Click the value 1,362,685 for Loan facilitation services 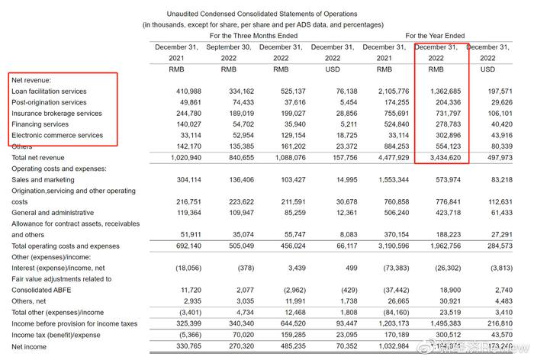point(443,92)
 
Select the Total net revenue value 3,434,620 point(443,158)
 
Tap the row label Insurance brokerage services point(56,114)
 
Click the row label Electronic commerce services point(57,136)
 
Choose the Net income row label point(29,346)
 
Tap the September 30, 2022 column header point(228,53)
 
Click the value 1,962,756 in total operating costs point(443,246)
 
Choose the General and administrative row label point(53,213)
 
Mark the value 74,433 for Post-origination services point(238,102)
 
